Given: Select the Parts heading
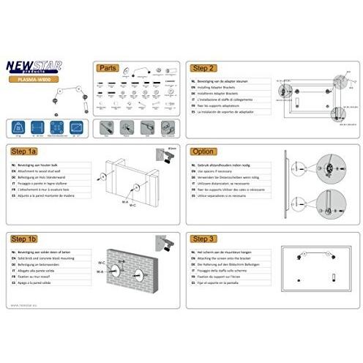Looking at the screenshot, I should [x=108, y=67].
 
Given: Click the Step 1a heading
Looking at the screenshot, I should [x=26, y=151].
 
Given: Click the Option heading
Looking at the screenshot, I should [x=203, y=151].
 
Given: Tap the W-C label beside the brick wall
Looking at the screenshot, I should [x=102, y=261].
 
